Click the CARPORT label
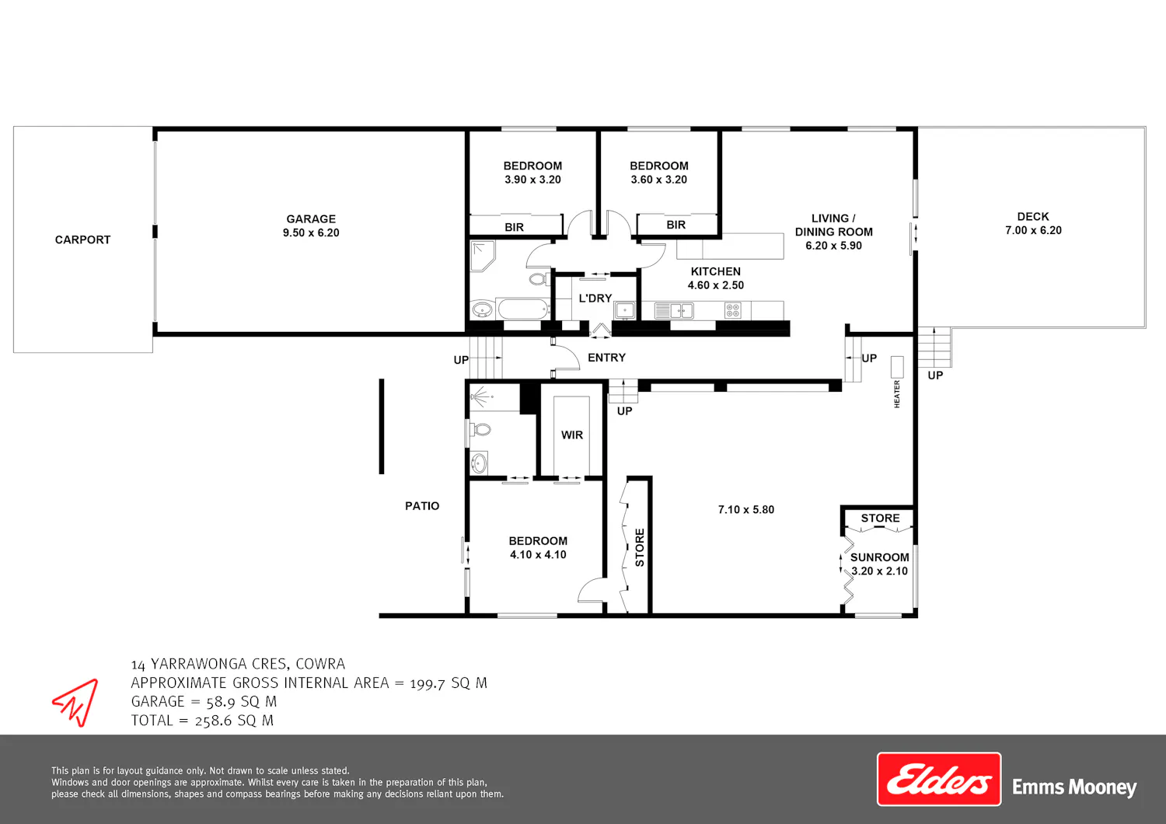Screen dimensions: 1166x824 (x=82, y=240)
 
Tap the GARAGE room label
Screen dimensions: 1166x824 (x=311, y=219)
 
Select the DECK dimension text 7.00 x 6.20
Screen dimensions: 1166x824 (x=1033, y=230)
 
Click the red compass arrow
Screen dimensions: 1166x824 (x=76, y=702)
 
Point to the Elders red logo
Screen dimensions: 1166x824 (x=939, y=779)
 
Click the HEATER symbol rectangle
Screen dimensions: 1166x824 (x=897, y=367)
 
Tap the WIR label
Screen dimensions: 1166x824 (x=572, y=435)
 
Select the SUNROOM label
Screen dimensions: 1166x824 (x=880, y=557)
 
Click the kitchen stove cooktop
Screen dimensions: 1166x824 (x=732, y=311)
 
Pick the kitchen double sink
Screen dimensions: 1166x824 (x=674, y=311)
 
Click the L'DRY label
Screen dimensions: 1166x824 (x=595, y=299)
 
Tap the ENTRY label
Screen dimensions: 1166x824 (x=606, y=358)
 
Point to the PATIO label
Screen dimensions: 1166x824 (x=422, y=506)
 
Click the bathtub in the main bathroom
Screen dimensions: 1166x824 (x=523, y=309)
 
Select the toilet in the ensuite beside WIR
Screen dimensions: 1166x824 (x=480, y=430)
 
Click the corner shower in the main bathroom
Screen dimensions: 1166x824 (x=483, y=256)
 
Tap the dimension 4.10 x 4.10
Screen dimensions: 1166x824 (x=538, y=555)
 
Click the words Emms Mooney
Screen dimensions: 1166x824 (x=1073, y=787)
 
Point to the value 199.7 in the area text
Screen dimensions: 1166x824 (x=427, y=683)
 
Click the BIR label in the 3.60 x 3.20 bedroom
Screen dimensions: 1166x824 (x=676, y=225)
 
